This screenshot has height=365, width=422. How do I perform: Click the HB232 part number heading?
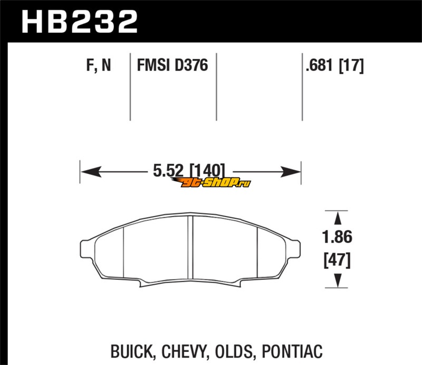80,22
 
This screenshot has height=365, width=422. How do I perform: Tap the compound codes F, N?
99,65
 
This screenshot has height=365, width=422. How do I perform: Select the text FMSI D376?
172,65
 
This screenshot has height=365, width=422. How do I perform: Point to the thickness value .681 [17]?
335,65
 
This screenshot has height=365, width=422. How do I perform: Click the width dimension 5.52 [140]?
189,171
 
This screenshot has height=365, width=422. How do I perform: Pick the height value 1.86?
337,237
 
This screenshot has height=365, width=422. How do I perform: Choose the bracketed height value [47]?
337,260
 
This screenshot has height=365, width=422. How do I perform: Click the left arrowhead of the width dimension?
91,172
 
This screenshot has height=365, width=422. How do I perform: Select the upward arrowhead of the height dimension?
338,218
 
